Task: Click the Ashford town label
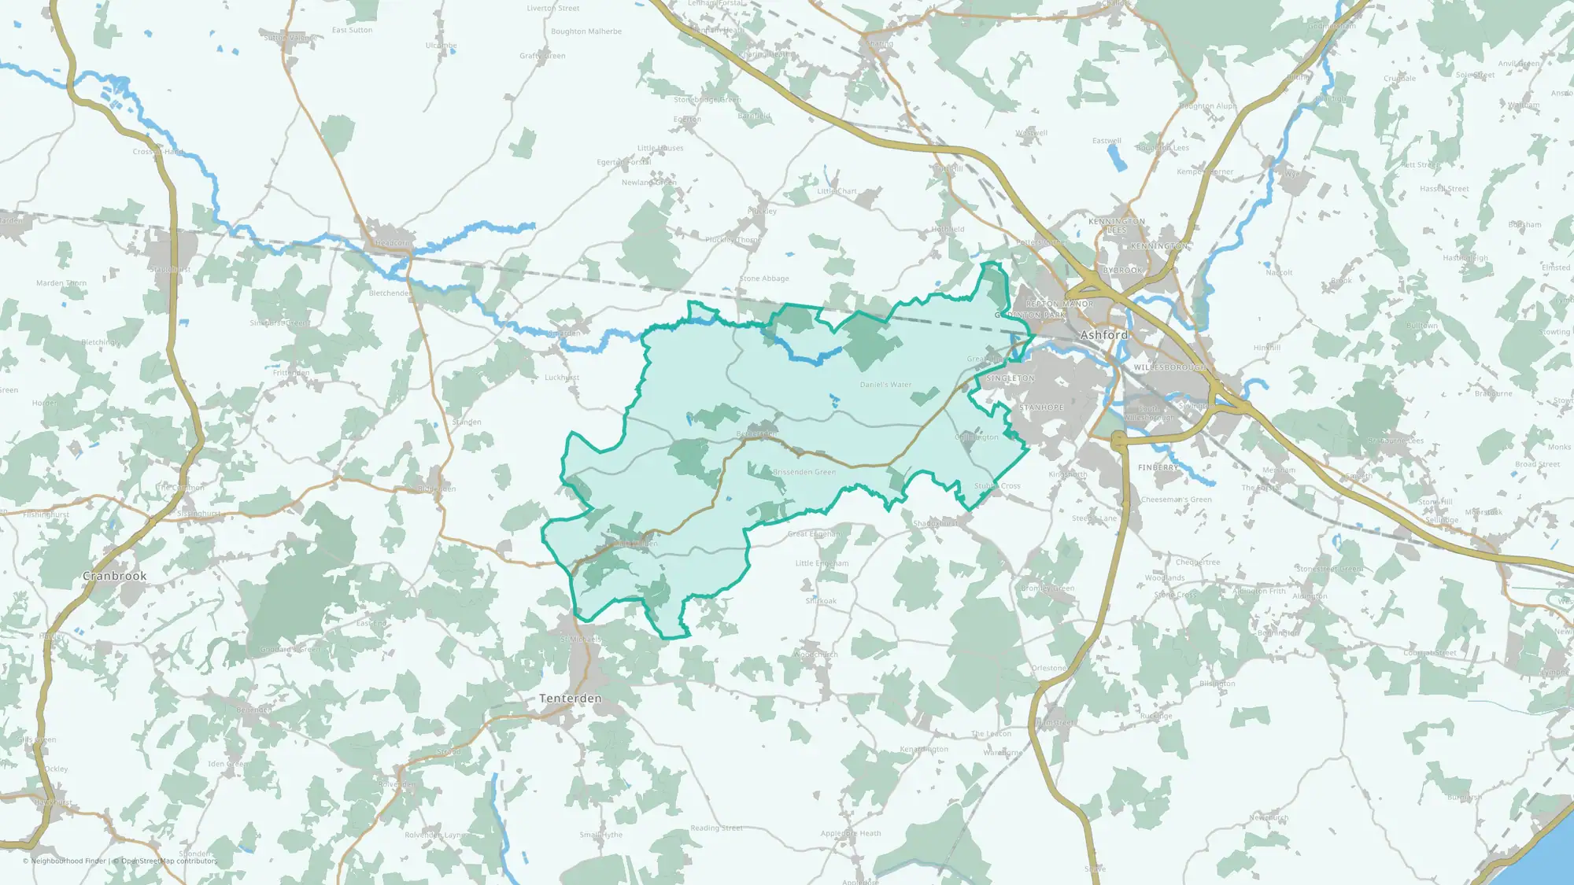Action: point(1103,335)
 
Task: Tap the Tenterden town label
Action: point(570,699)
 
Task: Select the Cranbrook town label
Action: point(115,576)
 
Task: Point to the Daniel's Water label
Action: point(885,385)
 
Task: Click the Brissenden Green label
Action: point(804,472)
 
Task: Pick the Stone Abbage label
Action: point(764,278)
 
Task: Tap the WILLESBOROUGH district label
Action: point(1169,367)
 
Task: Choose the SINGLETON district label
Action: point(1011,378)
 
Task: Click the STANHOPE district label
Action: point(1041,407)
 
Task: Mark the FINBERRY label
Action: point(1158,467)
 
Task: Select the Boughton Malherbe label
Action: point(586,31)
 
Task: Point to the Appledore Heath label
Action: point(851,833)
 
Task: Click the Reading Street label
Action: point(716,828)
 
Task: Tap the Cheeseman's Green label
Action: point(1177,500)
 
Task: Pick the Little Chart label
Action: point(837,191)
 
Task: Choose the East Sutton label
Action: point(352,30)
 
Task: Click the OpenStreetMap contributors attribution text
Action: point(169,861)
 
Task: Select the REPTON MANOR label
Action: point(1059,304)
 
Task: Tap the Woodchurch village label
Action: point(816,655)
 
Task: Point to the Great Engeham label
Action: point(815,534)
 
